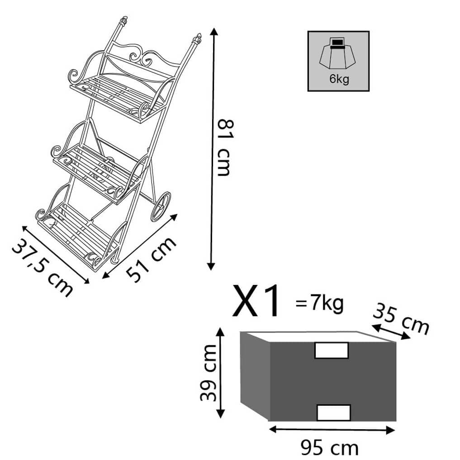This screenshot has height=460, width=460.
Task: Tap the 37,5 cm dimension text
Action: (x=43, y=268)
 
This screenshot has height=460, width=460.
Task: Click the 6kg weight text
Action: (x=339, y=79)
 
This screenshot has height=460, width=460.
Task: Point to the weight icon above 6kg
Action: (x=338, y=53)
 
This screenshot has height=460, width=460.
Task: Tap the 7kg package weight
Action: (x=327, y=304)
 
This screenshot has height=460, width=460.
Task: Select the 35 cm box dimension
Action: (x=401, y=319)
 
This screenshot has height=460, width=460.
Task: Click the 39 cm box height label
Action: (x=209, y=373)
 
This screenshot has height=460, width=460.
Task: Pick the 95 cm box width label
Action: (x=330, y=448)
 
